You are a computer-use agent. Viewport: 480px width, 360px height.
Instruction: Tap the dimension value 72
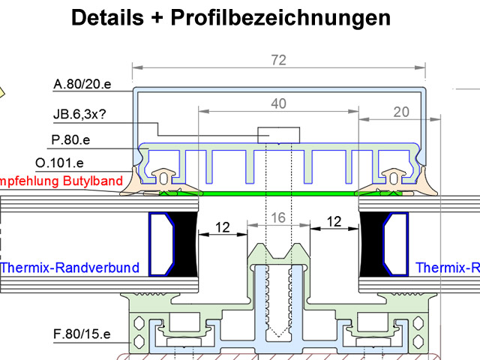point(279,60)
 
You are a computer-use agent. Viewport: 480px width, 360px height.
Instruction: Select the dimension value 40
point(278,104)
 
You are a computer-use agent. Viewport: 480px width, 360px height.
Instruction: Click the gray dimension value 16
point(278,217)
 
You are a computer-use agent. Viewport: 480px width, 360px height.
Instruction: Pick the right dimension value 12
point(334,223)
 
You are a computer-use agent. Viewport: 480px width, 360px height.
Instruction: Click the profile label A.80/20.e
point(82,85)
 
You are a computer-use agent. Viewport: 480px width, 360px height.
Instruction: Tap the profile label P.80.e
point(70,139)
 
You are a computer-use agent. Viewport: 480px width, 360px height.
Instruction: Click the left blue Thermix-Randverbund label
point(69,268)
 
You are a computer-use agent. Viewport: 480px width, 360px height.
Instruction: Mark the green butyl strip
point(278,193)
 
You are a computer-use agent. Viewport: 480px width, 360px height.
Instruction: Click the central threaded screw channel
point(279,300)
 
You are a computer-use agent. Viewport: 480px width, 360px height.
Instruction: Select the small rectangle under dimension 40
point(278,135)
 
